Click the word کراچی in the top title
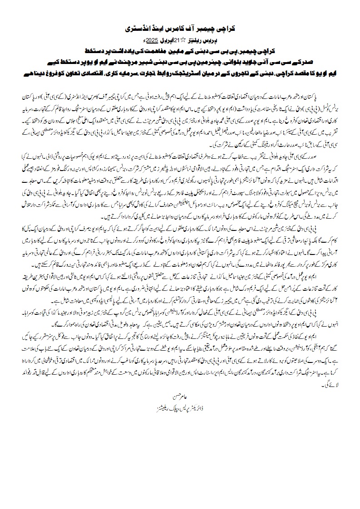pos(227,28)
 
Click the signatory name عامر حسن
pos(181,386)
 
